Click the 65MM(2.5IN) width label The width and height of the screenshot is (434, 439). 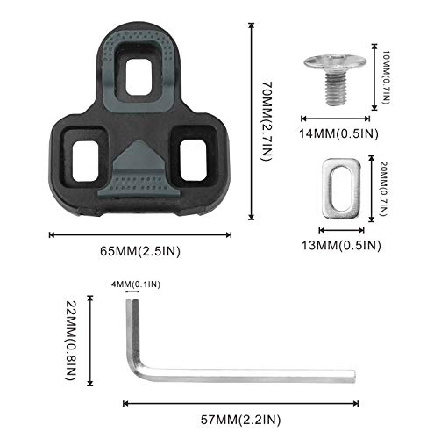pos(140,251)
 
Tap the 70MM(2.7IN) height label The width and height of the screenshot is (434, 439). pos(267,121)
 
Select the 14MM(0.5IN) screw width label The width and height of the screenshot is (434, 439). pos(338,133)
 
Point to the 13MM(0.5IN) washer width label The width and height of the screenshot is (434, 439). pos(341,245)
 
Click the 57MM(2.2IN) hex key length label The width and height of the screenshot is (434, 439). pos(240,420)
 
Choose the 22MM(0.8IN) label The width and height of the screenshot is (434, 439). pos(71,341)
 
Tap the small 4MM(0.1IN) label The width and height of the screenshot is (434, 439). pos(136,284)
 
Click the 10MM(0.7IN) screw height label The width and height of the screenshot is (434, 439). pos(386,77)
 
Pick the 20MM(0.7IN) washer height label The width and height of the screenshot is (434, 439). pos(384,189)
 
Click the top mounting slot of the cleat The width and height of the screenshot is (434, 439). pos(139,77)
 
